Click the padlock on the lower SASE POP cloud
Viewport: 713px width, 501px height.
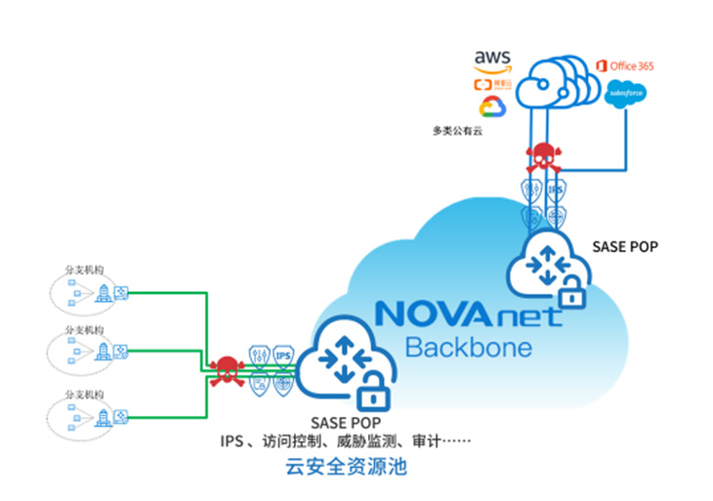tap(370, 396)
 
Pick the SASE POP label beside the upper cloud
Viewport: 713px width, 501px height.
tap(625, 246)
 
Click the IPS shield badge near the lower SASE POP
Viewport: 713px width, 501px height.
tap(284, 355)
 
